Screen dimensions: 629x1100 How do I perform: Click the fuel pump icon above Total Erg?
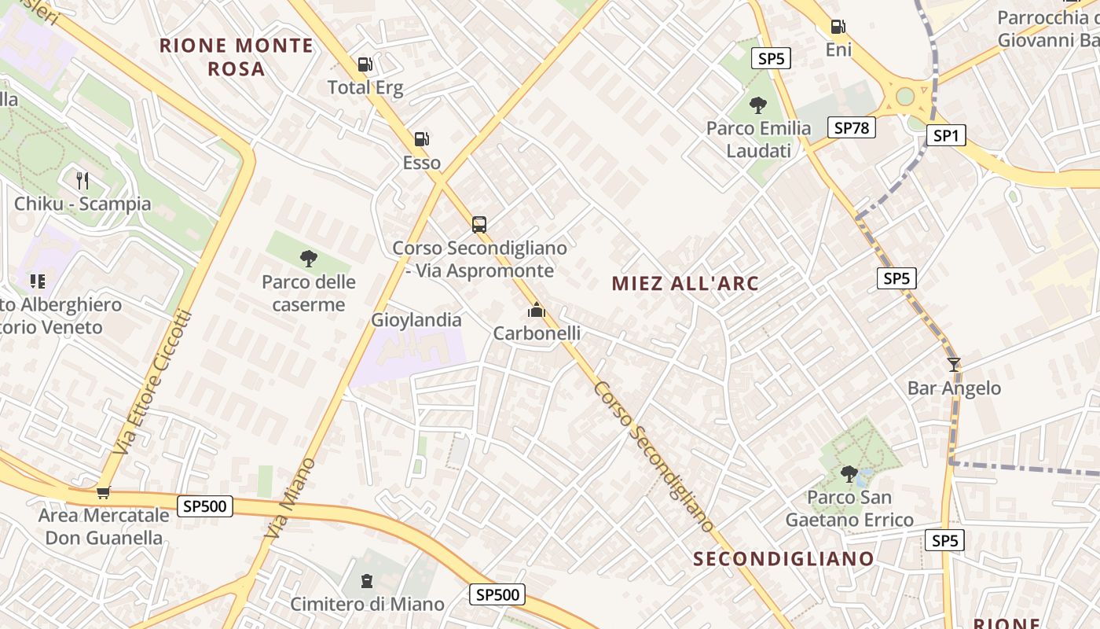click(365, 64)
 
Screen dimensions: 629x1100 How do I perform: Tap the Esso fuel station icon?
click(422, 140)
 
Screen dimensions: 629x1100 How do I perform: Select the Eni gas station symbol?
click(838, 27)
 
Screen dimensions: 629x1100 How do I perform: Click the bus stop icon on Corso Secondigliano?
click(479, 224)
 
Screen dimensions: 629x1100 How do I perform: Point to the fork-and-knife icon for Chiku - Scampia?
click(82, 181)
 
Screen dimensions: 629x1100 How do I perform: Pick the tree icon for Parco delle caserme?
click(308, 258)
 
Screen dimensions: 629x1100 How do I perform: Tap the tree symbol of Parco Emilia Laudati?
click(758, 105)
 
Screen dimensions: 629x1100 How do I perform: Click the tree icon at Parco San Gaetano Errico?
click(849, 473)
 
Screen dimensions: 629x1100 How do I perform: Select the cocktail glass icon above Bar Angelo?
click(954, 365)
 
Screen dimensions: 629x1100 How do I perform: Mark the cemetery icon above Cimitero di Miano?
click(366, 581)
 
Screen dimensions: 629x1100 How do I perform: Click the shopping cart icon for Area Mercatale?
click(103, 493)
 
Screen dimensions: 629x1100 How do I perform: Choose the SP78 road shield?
click(852, 127)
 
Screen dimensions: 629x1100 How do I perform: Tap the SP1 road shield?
click(945, 136)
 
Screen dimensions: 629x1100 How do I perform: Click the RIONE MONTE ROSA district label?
click(236, 57)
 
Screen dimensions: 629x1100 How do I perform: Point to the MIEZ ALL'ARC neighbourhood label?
click(685, 283)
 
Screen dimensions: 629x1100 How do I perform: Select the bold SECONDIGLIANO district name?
click(783, 559)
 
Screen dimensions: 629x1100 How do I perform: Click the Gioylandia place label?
click(416, 320)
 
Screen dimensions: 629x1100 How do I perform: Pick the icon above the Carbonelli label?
click(537, 311)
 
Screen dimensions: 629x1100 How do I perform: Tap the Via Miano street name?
click(290, 498)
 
